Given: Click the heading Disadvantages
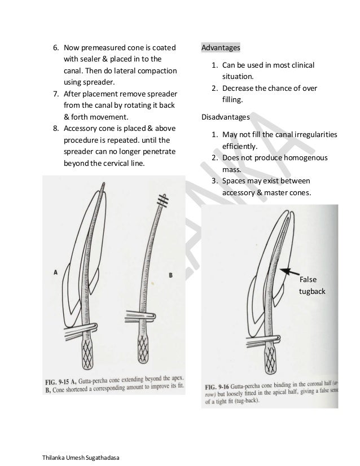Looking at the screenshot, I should [x=226, y=117].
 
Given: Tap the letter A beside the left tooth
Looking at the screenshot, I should [x=56, y=272].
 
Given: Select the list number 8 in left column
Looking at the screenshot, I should [x=55, y=128].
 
